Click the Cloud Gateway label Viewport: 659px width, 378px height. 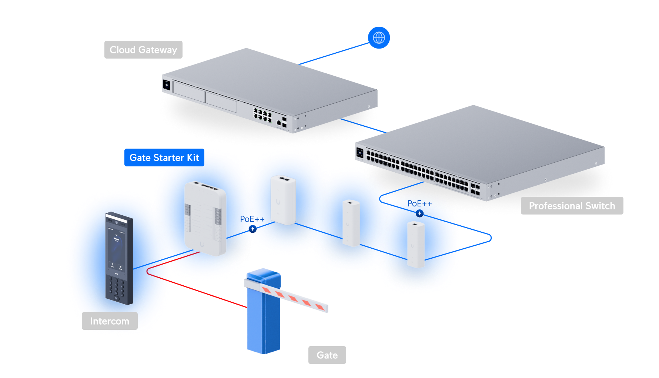[x=143, y=50]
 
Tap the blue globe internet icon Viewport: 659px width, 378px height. [x=379, y=38]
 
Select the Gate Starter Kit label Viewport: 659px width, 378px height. [x=164, y=158]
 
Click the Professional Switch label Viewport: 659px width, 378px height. [x=572, y=206]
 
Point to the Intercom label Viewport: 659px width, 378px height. [x=110, y=321]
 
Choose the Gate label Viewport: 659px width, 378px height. [x=327, y=355]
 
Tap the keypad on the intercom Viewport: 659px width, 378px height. [x=117, y=285]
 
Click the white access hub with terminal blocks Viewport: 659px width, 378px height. [x=205, y=219]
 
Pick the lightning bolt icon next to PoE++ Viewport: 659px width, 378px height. [x=252, y=229]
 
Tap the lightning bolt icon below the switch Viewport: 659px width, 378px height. [x=419, y=213]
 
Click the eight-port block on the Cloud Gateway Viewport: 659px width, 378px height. [x=262, y=115]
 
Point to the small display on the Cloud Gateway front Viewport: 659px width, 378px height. [x=166, y=85]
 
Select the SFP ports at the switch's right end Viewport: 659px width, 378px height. [x=475, y=189]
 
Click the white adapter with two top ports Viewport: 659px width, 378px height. [x=283, y=200]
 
